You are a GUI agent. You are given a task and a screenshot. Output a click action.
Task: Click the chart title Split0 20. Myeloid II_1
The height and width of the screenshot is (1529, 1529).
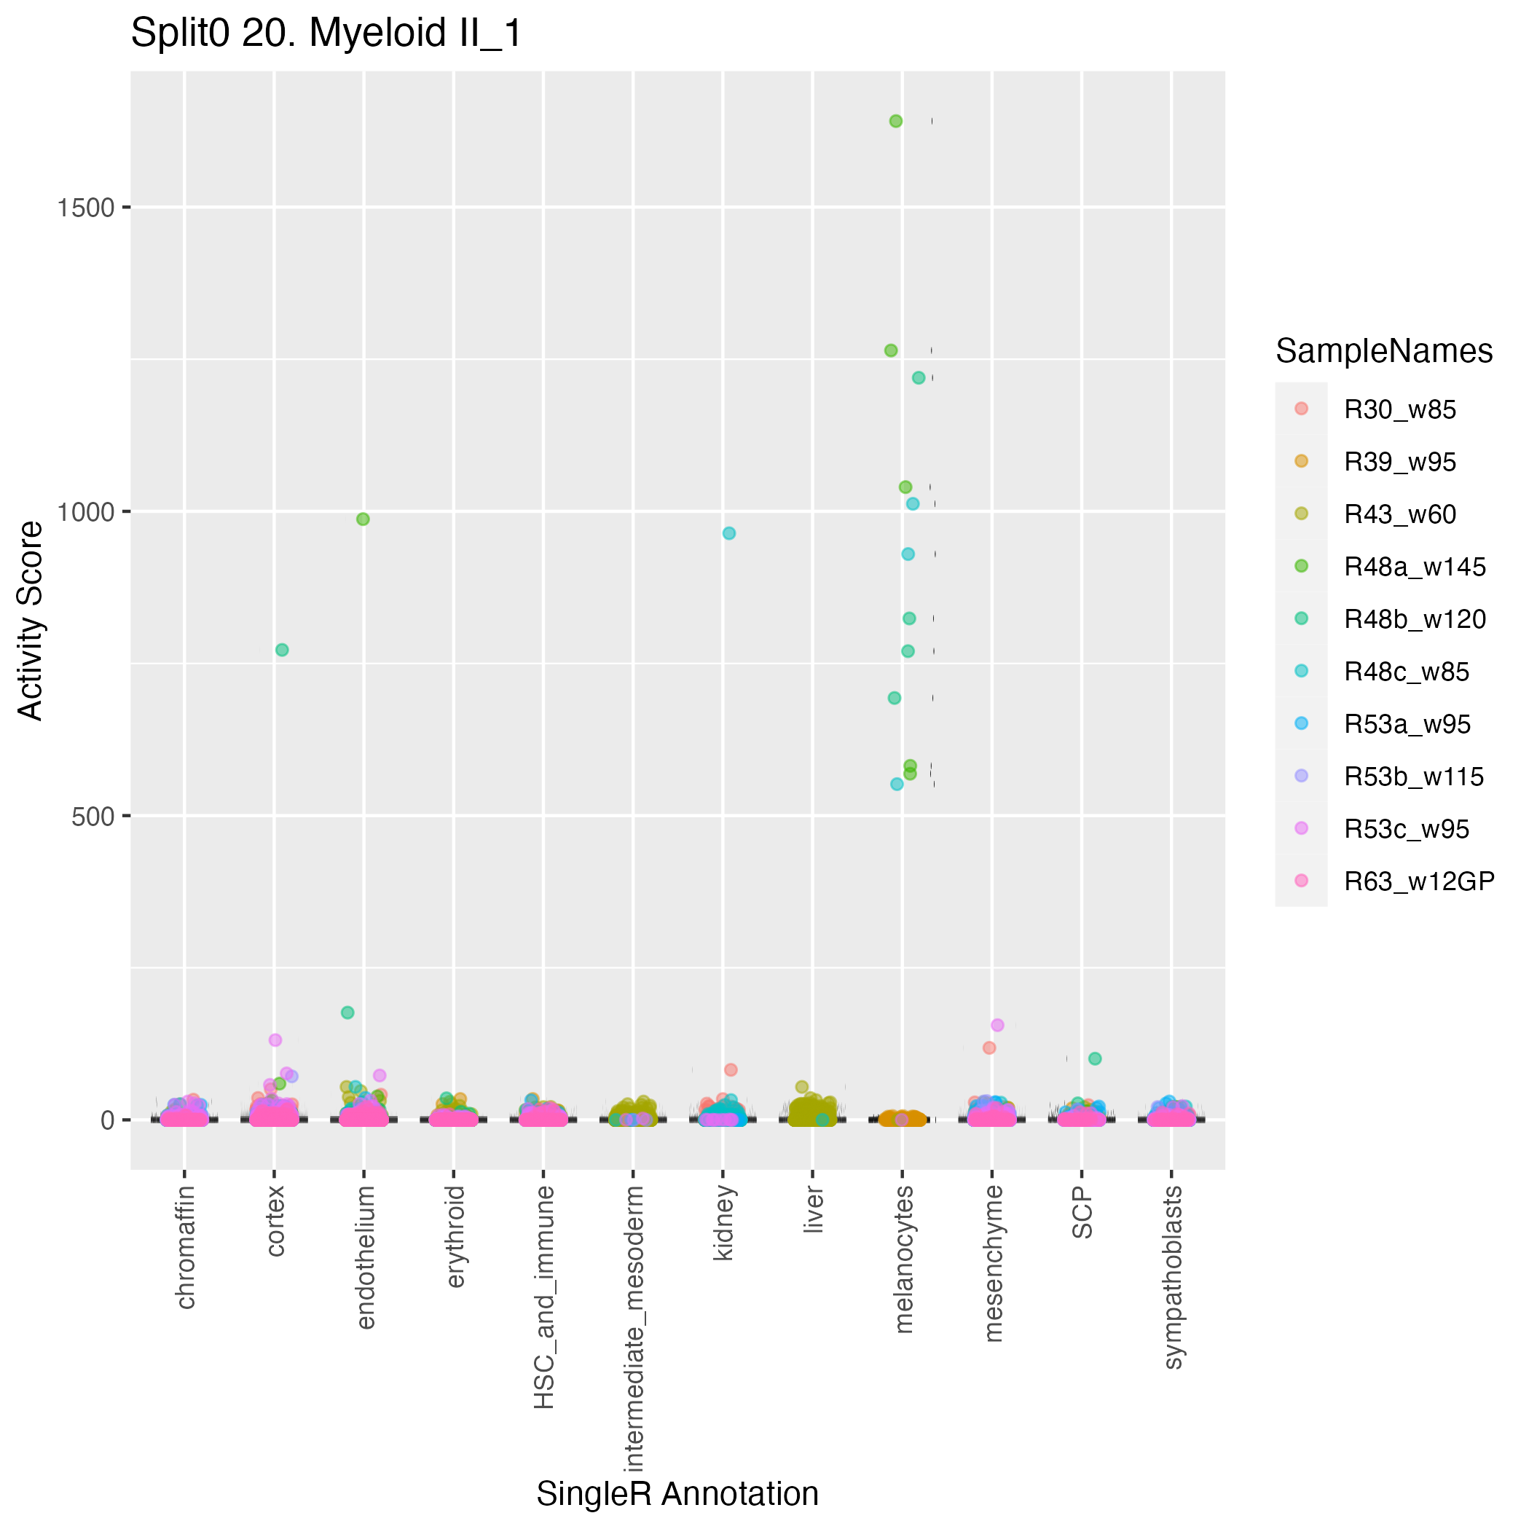pyautogui.click(x=326, y=34)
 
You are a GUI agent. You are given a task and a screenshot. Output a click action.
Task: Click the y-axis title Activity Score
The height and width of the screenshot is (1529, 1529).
pyautogui.click(x=30, y=620)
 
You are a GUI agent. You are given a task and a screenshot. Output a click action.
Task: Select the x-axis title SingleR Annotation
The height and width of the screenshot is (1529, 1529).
pyautogui.click(x=677, y=1493)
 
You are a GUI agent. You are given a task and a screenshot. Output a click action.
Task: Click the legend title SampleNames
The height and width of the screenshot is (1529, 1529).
pyautogui.click(x=1384, y=350)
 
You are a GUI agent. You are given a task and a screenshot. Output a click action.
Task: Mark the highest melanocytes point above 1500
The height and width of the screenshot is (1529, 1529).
pyautogui.click(x=896, y=121)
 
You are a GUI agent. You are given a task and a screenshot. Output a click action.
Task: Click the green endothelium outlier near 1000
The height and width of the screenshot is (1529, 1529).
pyautogui.click(x=363, y=519)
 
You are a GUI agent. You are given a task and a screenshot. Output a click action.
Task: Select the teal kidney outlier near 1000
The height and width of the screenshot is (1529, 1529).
pyautogui.click(x=729, y=533)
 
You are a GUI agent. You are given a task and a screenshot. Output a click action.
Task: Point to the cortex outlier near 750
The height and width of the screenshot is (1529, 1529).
pyautogui.click(x=282, y=650)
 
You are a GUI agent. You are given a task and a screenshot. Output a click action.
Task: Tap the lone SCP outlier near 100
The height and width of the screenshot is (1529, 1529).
pyautogui.click(x=1096, y=1058)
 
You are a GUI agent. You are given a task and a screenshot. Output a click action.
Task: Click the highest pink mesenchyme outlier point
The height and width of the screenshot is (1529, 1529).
pyautogui.click(x=997, y=1025)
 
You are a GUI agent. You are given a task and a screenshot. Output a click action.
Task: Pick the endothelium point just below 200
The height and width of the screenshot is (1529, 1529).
pyautogui.click(x=347, y=1013)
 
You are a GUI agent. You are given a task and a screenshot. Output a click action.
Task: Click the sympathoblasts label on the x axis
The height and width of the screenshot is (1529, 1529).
pyautogui.click(x=1174, y=1276)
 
